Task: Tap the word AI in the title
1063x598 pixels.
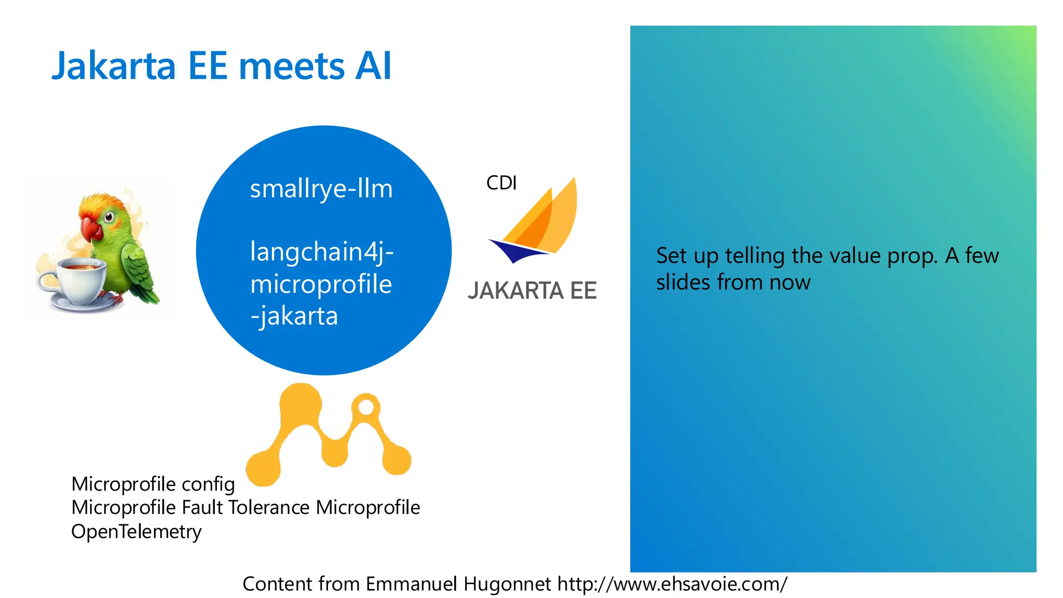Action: click(x=373, y=66)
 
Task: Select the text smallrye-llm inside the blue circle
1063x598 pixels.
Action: click(x=321, y=189)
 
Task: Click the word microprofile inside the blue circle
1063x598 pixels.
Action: click(x=321, y=284)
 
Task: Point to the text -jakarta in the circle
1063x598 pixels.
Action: click(x=294, y=316)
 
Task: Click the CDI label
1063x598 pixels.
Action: click(x=501, y=183)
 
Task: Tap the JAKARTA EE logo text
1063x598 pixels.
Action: click(x=532, y=291)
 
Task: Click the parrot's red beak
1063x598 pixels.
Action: click(x=90, y=228)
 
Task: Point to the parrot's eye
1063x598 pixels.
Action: click(x=109, y=217)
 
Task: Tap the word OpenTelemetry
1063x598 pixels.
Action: click(x=136, y=532)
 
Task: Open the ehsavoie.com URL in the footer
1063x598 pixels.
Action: click(x=672, y=584)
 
